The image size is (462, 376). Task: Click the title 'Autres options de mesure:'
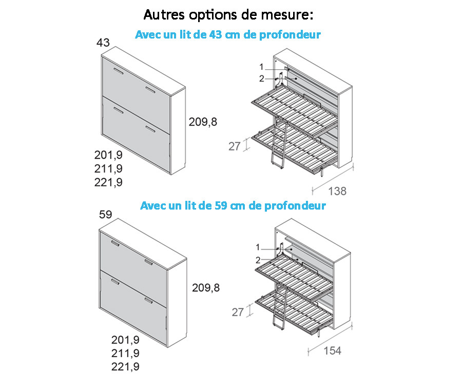(x=228, y=15)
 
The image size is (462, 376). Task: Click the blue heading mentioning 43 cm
(x=228, y=35)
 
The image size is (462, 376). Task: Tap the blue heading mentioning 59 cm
(x=233, y=205)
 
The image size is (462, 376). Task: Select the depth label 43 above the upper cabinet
(x=103, y=43)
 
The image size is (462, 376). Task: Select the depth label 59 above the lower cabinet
(x=105, y=214)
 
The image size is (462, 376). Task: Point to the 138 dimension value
(x=337, y=191)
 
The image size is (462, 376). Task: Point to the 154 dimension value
(x=333, y=351)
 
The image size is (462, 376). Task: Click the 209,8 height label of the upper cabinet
(x=203, y=122)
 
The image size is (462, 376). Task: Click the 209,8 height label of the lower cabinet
(x=206, y=288)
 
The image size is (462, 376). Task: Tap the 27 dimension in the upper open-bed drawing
(x=235, y=146)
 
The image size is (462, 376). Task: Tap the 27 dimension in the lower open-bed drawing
(x=238, y=312)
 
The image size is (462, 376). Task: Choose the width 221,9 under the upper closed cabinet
(x=108, y=182)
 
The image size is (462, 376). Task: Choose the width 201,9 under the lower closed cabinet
(x=125, y=340)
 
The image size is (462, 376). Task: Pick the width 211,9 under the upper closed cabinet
(x=108, y=168)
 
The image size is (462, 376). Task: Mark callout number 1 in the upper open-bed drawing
(x=261, y=67)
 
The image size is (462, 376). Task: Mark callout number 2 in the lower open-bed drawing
(x=258, y=260)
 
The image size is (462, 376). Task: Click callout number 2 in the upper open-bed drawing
(x=262, y=79)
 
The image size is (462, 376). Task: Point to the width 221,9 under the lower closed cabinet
(x=125, y=367)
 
